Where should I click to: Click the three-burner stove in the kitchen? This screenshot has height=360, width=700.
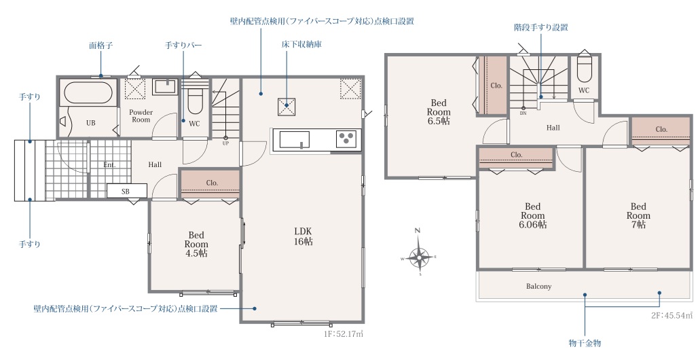coord(346,139)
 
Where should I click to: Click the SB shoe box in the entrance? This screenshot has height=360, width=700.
coord(127,191)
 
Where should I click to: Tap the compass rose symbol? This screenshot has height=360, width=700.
coord(419,256)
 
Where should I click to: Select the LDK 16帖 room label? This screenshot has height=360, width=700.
coord(303,236)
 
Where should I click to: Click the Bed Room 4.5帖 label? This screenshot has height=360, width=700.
coord(196,245)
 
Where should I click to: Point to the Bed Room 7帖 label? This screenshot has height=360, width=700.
coord(638,215)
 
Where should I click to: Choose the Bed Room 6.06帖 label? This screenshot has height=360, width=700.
coord(532,215)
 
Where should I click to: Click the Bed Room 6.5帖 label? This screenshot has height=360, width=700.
coord(439,111)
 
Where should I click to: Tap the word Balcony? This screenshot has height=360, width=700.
coord(538,287)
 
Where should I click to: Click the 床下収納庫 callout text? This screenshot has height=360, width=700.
coord(301,44)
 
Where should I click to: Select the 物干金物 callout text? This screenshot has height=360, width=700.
coord(585,343)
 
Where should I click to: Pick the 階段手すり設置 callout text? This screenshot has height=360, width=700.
coord(541,27)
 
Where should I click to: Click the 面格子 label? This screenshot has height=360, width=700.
coord(101,46)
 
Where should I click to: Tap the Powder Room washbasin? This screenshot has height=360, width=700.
coord(166,86)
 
